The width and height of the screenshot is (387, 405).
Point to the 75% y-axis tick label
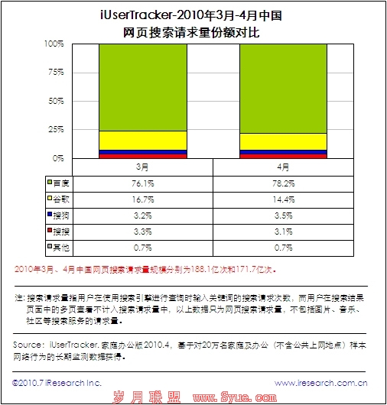55,72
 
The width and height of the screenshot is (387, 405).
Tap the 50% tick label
55,101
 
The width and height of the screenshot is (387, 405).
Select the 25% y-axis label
55,129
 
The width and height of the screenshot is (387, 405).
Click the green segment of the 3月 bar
143,87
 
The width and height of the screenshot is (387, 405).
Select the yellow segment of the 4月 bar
283,141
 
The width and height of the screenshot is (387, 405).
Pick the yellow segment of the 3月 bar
143,140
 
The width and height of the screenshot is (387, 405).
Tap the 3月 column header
143,166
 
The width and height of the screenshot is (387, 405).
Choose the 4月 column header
283,166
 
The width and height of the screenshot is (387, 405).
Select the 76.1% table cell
143,183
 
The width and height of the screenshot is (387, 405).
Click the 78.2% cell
283,183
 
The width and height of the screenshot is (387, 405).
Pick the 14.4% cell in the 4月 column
283,199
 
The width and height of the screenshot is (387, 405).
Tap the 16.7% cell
143,199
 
